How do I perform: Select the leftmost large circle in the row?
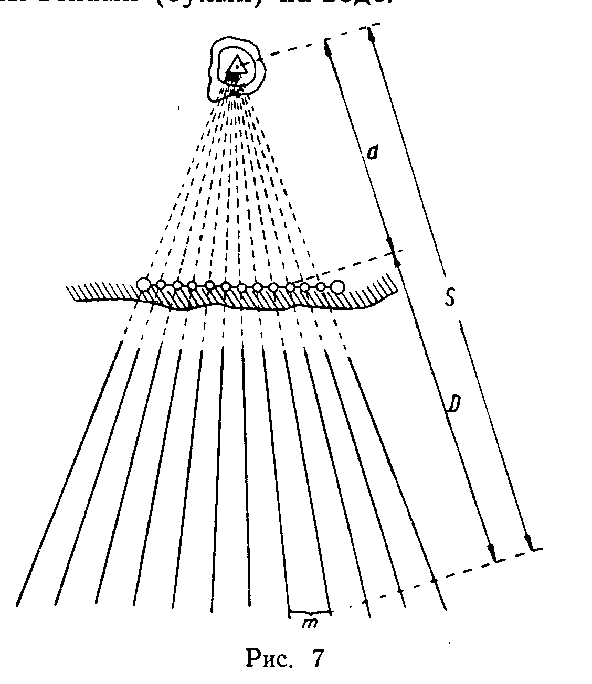point(143,285)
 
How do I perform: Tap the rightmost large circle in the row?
point(337,286)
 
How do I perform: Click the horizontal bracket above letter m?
point(310,612)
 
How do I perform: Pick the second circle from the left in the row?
point(161,284)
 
